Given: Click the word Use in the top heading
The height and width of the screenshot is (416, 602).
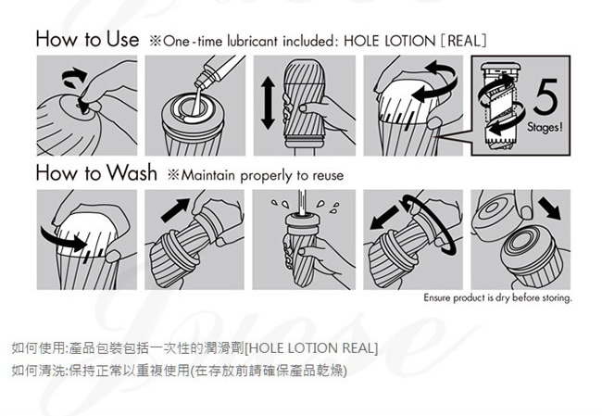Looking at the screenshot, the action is (122, 39).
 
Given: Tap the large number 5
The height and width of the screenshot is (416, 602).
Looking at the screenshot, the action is (546, 96).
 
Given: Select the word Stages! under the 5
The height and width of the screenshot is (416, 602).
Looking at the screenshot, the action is (545, 126).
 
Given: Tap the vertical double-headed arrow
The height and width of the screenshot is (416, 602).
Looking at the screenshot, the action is (268, 103).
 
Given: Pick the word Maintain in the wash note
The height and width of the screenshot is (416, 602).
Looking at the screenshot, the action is (207, 175).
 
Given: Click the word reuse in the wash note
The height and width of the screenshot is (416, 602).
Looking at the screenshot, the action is (328, 176).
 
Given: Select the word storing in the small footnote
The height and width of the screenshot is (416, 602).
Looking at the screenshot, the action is (557, 297).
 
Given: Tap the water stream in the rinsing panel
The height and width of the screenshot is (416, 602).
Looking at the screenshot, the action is (302, 202).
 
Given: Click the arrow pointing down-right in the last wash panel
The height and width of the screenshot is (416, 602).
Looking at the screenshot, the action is (549, 208).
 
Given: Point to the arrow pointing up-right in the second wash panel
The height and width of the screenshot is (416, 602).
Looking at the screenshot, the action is (175, 210).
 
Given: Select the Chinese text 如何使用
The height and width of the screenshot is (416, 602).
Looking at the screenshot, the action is (38, 348).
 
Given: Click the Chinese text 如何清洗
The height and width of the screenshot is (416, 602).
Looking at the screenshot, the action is (38, 371).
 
